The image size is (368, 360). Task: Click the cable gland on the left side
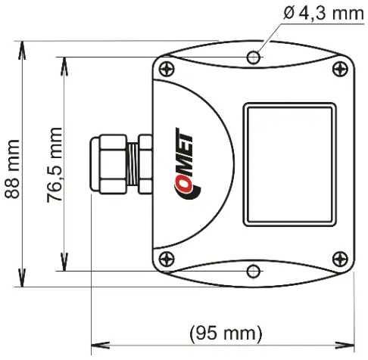118,164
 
